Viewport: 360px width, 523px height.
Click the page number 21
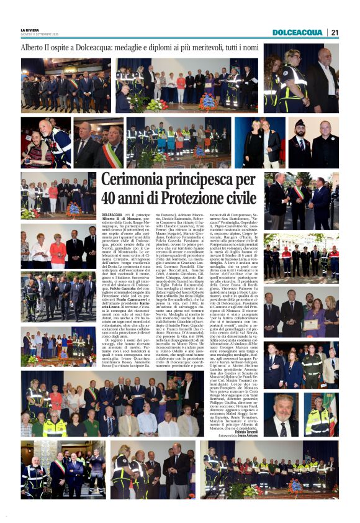335,32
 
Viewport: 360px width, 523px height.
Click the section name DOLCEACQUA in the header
297,32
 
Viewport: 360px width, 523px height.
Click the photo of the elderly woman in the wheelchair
45,143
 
